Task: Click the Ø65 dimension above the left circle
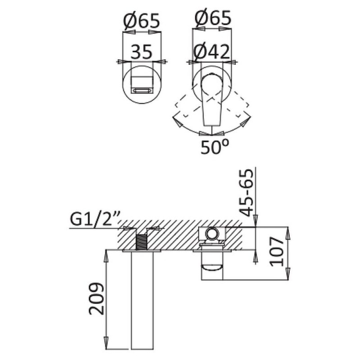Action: pos(141,21)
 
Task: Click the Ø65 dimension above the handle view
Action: pos(213,18)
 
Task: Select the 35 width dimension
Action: pos(141,52)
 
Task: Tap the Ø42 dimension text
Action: pos(211,52)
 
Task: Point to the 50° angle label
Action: pos(215,147)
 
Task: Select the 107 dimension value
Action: pos(277,252)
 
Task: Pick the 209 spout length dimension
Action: pos(96,298)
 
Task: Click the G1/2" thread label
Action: pos(94,220)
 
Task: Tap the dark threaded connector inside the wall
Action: pos(141,242)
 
